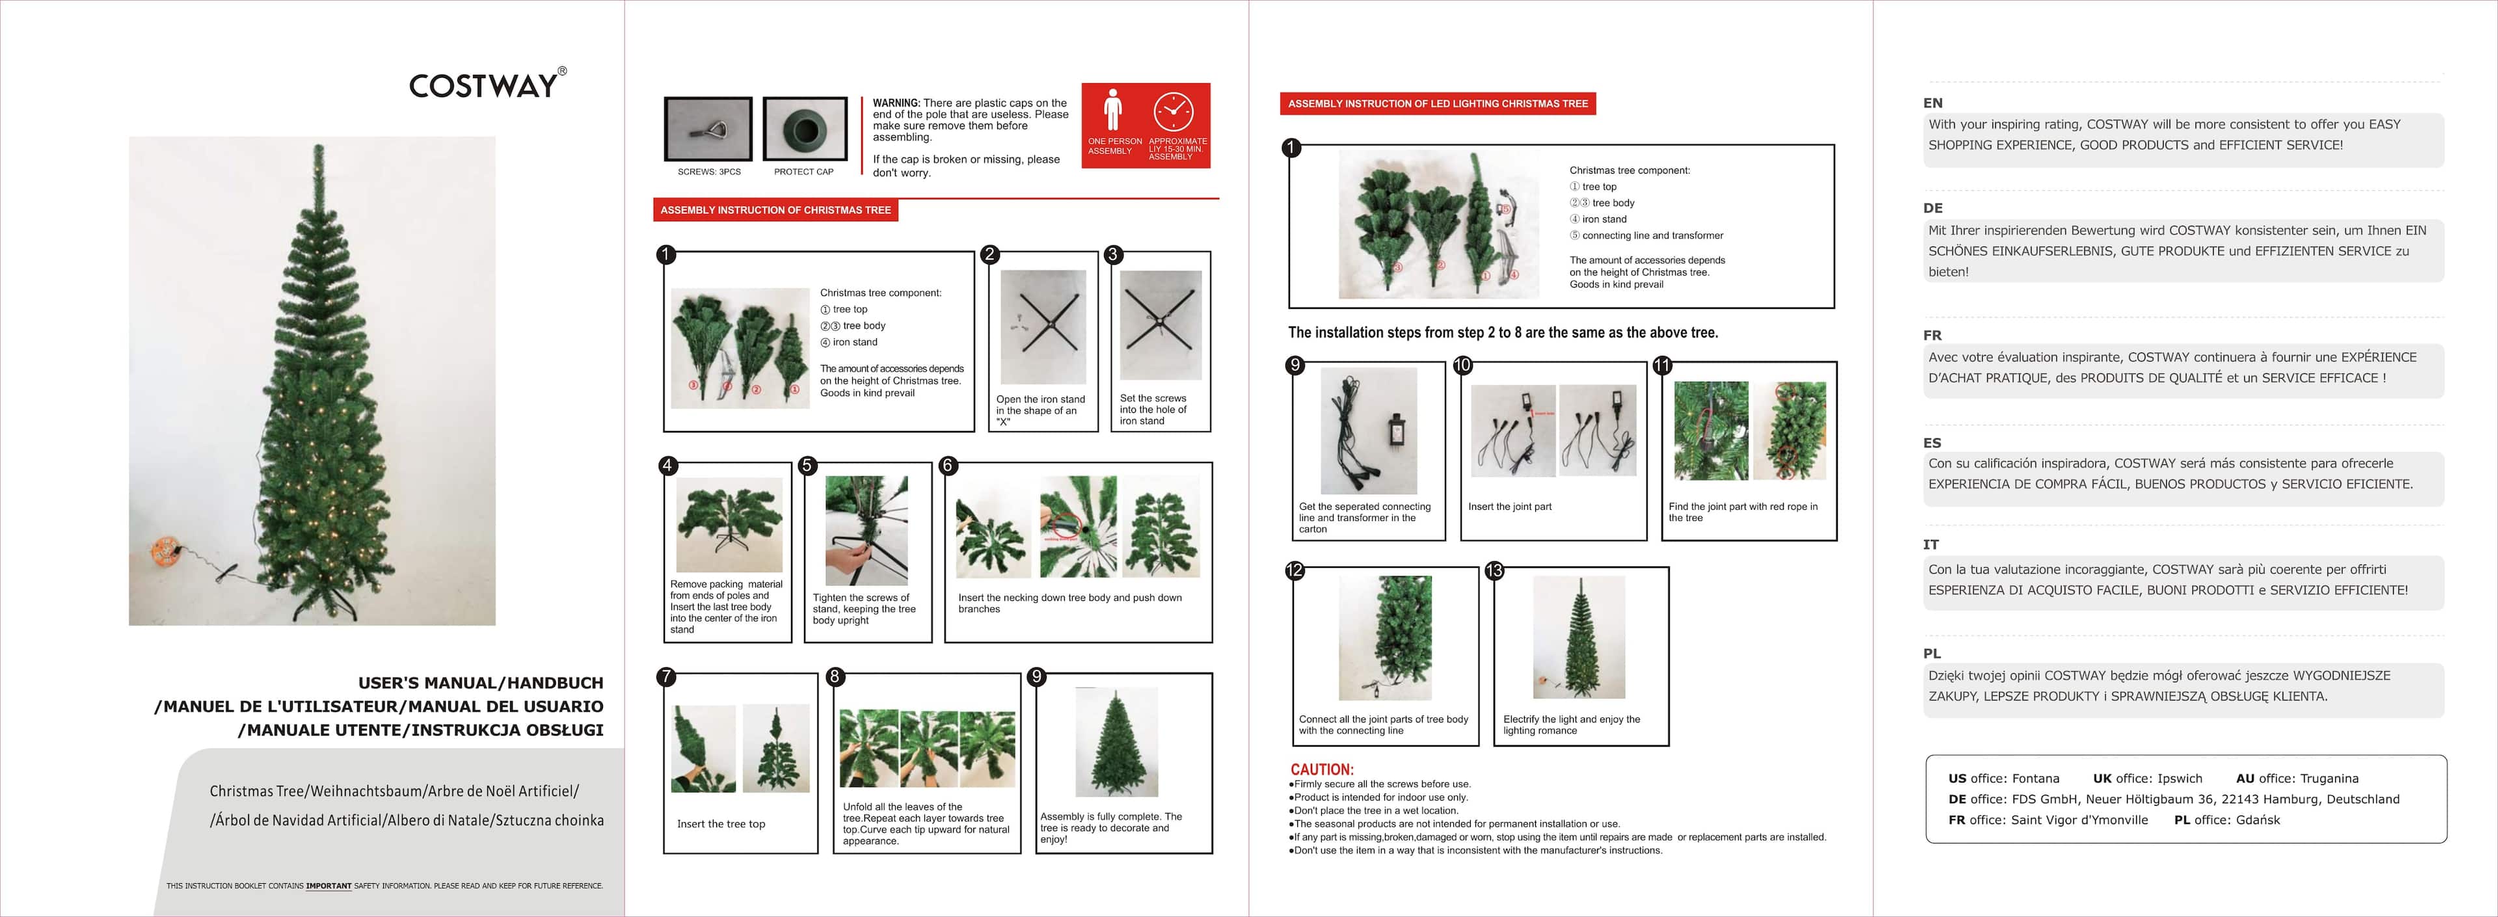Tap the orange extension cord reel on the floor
(x=165, y=553)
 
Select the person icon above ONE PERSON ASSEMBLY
(x=1113, y=109)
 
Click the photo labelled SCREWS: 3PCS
(x=709, y=129)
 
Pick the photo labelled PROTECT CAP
(x=805, y=129)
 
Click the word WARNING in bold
(x=896, y=103)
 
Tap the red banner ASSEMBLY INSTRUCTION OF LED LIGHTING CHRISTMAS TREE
(x=1438, y=103)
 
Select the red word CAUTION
(x=1322, y=769)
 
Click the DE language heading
(x=1933, y=208)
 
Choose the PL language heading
(x=1931, y=654)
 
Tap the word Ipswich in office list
(x=2180, y=778)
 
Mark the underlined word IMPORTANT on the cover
(x=329, y=886)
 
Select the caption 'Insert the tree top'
(x=721, y=824)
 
